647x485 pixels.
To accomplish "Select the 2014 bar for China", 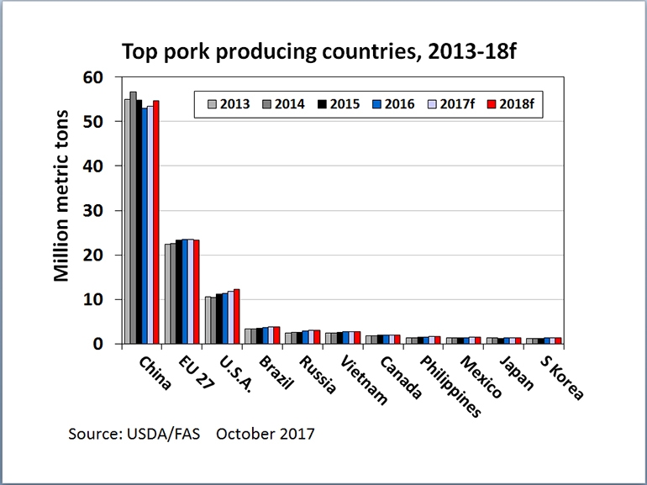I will tap(133, 218).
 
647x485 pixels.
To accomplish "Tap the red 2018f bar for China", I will tap(155, 222).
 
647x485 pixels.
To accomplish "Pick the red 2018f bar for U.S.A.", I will tap(236, 316).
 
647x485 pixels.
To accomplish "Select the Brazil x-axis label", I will tap(275, 375).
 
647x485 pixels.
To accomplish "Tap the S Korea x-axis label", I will tap(560, 377).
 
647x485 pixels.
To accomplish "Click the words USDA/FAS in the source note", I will tap(165, 435).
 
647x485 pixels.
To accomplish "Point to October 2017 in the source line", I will tap(265, 435).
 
